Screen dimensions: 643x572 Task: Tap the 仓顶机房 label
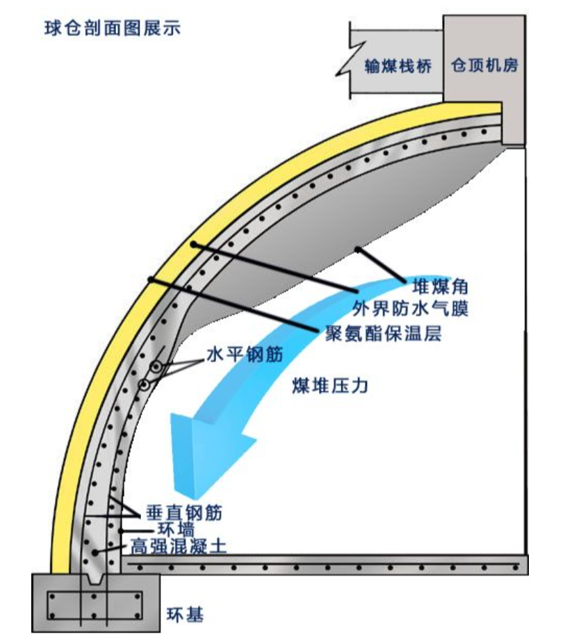484,65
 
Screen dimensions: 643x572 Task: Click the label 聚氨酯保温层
384,333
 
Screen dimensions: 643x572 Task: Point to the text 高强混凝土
178,546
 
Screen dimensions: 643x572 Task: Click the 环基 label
186,614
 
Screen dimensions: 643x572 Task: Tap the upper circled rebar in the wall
158,366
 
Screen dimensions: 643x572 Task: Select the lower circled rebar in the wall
145,384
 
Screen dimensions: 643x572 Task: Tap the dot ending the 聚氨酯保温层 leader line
149,279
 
